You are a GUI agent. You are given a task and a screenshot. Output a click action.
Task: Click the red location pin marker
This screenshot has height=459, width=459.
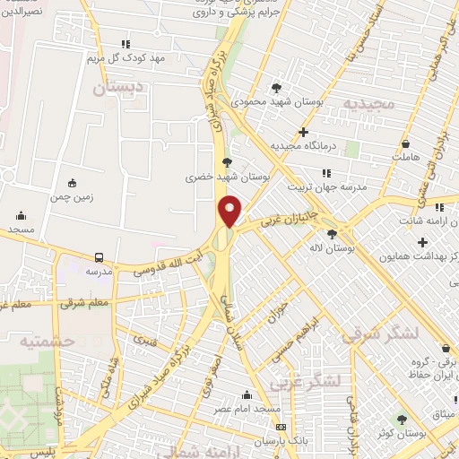coord(230,211)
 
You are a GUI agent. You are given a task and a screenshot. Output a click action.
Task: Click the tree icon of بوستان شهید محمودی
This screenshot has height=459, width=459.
coord(275,88)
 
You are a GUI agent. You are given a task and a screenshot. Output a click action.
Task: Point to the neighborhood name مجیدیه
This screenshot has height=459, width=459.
coord(368,104)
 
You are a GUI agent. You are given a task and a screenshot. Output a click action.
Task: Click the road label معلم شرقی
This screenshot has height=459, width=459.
coord(88,304)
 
